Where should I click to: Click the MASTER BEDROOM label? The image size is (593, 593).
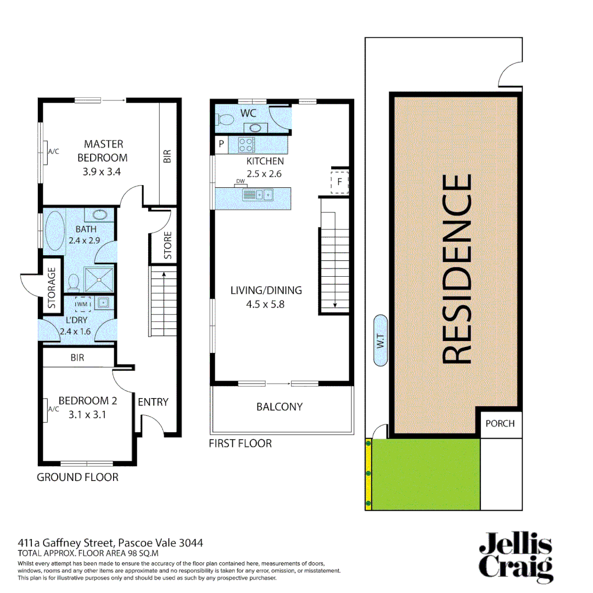[103, 151]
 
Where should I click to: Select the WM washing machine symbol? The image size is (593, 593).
[82, 304]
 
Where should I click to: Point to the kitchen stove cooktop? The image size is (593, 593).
[245, 146]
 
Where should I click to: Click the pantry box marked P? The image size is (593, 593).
[221, 146]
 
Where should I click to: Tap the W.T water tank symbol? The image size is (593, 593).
[380, 341]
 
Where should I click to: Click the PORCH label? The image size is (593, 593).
[500, 423]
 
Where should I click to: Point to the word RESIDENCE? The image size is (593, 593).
[456, 268]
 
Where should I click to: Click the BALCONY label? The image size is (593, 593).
[279, 407]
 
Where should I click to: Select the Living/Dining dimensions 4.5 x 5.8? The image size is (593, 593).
[266, 303]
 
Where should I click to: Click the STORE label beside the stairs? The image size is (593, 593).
[167, 245]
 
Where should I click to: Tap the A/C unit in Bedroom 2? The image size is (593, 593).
[46, 410]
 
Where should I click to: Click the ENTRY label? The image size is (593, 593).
[153, 402]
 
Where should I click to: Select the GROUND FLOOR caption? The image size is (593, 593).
[77, 477]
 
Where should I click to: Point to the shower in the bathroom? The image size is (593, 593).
[99, 279]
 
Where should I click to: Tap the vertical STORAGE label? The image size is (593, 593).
[52, 288]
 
